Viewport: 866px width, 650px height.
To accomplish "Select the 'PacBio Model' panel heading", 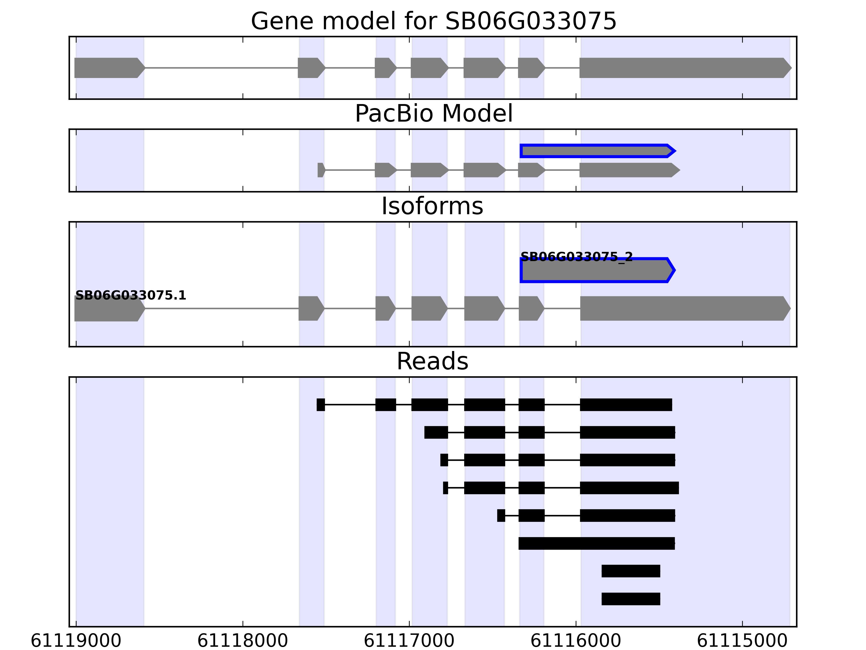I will point(433,114).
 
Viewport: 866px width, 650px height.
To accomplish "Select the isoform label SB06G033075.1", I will point(131,295).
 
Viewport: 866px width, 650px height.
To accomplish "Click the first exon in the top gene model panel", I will point(108,68).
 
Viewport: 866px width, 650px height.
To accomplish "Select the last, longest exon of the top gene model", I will point(683,68).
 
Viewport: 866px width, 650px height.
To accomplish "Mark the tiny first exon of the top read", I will point(321,405).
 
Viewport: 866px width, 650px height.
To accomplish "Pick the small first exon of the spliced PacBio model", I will point(321,170).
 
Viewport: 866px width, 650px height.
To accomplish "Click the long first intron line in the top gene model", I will point(221,68).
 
